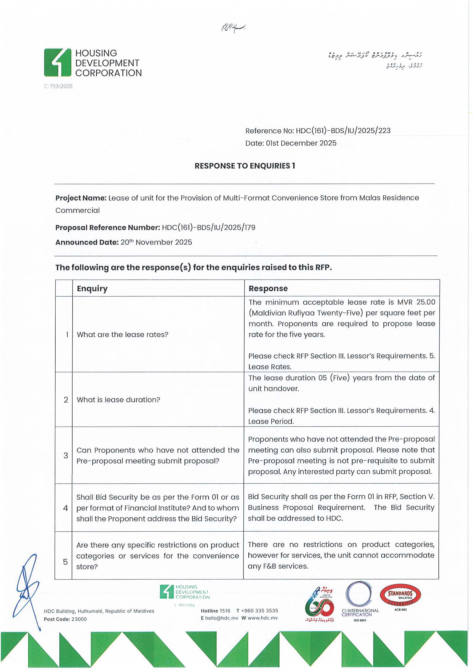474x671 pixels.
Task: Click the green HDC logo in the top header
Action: [x=58, y=63]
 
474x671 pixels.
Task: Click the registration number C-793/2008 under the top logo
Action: [x=58, y=86]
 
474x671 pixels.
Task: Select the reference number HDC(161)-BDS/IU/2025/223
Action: [x=343, y=131]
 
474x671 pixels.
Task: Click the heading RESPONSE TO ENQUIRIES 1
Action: [x=245, y=166]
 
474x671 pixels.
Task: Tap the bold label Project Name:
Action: [x=81, y=198]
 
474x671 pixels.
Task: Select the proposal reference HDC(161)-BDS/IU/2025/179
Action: [x=208, y=228]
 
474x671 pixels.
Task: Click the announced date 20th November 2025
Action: [x=156, y=243]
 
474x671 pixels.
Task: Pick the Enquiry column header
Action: [x=92, y=289]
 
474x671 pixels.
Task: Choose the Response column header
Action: [x=268, y=289]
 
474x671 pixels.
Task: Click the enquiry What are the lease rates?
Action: [x=122, y=334]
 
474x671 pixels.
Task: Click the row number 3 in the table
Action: [x=66, y=456]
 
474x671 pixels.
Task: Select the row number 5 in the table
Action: [x=65, y=562]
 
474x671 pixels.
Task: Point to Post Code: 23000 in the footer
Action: [x=65, y=619]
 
